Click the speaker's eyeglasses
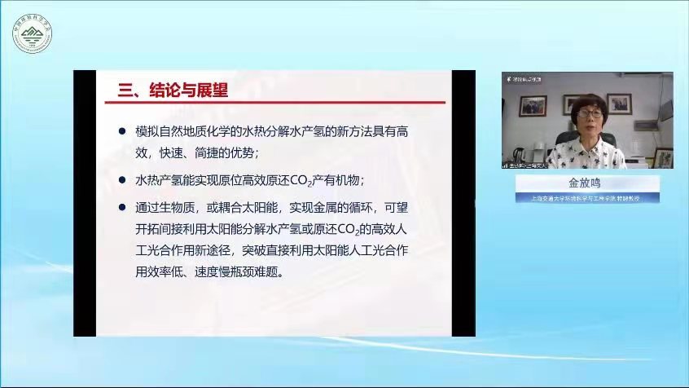[x=588, y=116]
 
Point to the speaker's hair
[x=588, y=101]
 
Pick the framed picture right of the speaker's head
[x=620, y=104]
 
